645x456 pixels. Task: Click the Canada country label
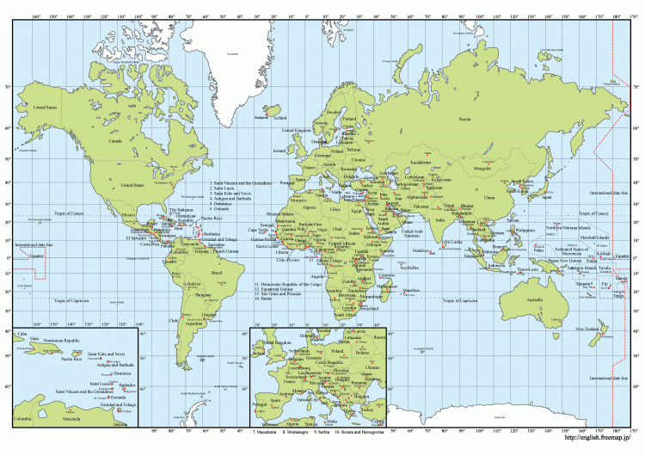click(114, 139)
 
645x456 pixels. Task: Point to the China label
click(489, 198)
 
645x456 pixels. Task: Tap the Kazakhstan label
click(421, 162)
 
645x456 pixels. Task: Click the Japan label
click(545, 197)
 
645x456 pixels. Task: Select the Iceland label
click(279, 150)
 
